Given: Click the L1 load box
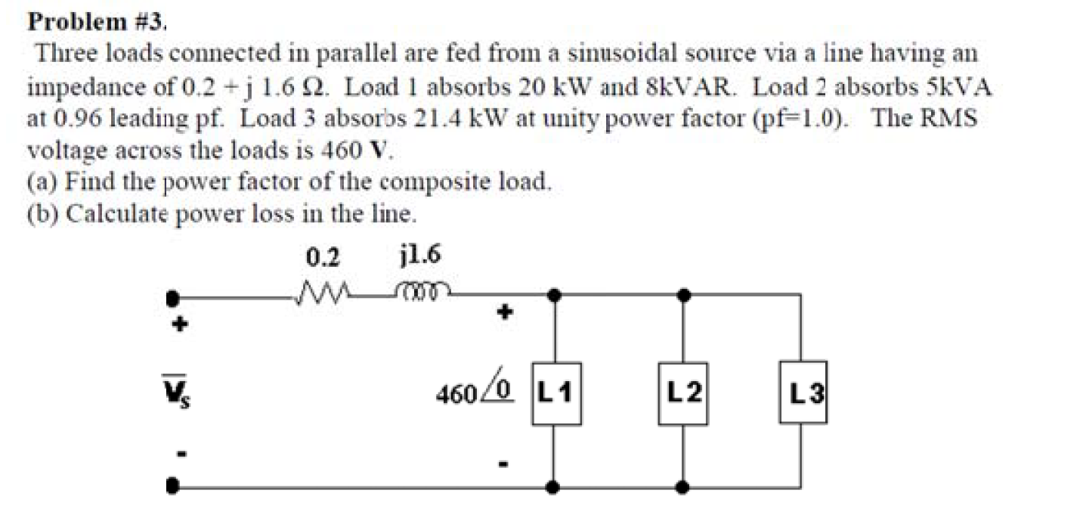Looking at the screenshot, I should click(556, 392).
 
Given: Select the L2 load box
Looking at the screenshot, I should click(683, 392).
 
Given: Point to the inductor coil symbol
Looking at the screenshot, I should click(422, 290).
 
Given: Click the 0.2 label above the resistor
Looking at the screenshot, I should click(323, 259).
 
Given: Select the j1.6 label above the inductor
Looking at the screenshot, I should click(419, 257).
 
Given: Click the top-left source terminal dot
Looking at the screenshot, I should click(174, 296).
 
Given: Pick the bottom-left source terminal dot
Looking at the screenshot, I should click(174, 488).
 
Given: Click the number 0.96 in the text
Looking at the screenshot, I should click(71, 119).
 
